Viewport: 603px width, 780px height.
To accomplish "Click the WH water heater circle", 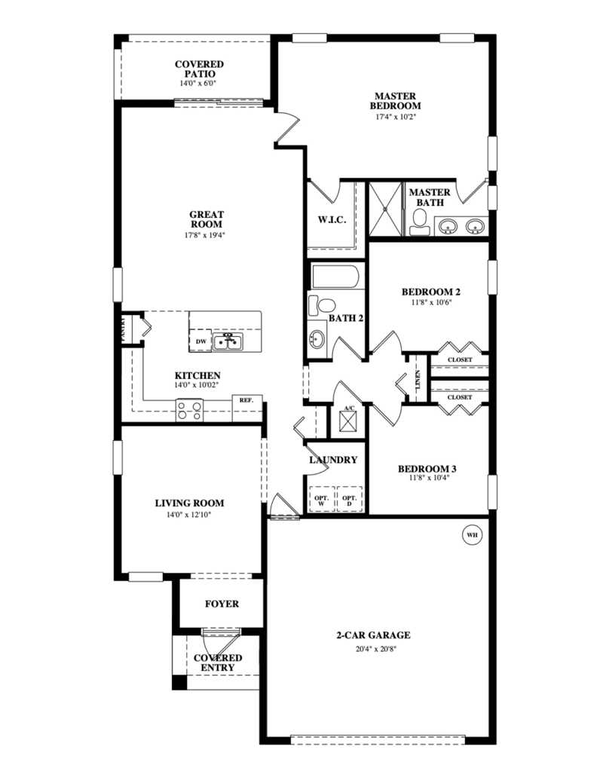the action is click(472, 535).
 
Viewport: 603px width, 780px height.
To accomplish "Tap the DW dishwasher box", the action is click(200, 341).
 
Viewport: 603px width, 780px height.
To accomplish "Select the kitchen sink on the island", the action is click(228, 342).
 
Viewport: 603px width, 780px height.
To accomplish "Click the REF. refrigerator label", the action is click(246, 400).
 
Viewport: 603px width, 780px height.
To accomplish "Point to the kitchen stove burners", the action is click(189, 411).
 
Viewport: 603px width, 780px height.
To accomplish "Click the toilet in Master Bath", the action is click(420, 222).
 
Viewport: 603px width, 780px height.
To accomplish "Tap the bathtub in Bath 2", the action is click(335, 277).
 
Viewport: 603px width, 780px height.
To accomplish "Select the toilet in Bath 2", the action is click(321, 305).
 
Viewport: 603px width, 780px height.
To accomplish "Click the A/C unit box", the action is click(349, 424).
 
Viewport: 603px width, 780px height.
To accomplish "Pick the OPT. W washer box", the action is click(322, 500).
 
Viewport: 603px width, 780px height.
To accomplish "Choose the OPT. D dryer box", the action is click(349, 500).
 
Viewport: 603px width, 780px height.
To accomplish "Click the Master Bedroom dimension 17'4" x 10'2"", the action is click(396, 117).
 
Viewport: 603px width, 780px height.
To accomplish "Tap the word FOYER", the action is click(222, 604).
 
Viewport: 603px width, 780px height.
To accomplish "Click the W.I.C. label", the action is click(332, 220).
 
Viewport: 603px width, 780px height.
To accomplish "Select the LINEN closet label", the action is click(418, 380).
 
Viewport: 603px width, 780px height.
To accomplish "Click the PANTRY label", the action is click(124, 329).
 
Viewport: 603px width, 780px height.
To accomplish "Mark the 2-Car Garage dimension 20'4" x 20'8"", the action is click(376, 649).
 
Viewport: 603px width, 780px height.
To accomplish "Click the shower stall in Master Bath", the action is click(385, 209).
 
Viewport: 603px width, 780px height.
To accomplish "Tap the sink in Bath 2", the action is click(317, 339).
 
